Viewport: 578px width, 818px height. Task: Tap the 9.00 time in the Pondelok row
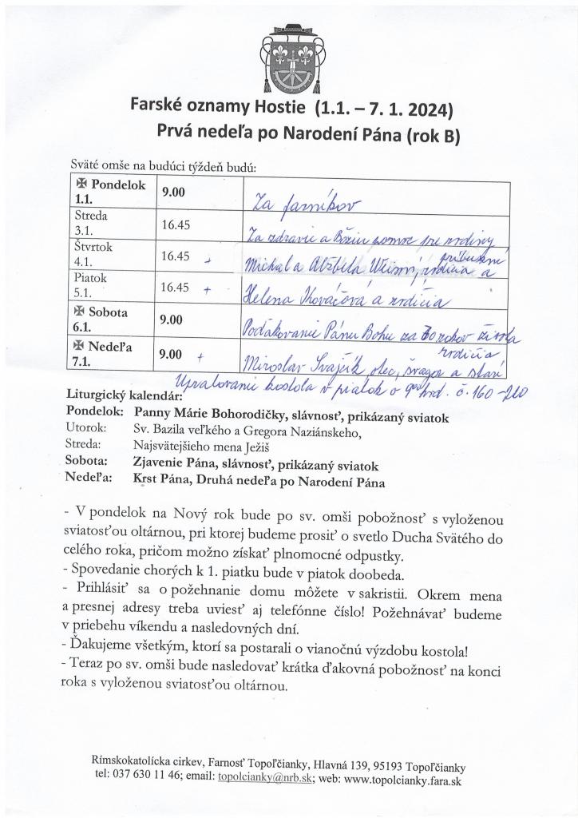pyautogui.click(x=172, y=193)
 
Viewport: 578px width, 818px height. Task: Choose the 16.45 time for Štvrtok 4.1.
pyautogui.click(x=175, y=256)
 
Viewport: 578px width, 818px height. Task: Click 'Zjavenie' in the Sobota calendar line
pyautogui.click(x=163, y=466)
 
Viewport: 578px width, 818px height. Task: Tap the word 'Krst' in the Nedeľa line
pyautogui.click(x=147, y=482)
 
